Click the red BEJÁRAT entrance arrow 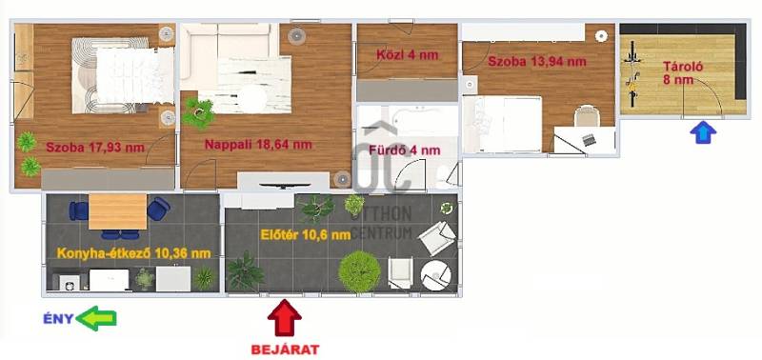284,318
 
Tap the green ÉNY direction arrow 96,318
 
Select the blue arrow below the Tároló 703,132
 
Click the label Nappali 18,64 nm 258,145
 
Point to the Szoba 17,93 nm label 95,148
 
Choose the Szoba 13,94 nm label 537,62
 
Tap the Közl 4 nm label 408,55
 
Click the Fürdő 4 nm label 405,150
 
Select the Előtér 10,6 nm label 306,235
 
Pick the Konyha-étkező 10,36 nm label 134,253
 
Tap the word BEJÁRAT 285,350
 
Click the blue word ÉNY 58,319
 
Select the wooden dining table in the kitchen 117,211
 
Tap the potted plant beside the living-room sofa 198,112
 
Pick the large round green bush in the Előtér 359,271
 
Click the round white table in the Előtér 436,276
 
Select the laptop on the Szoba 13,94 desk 590,139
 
